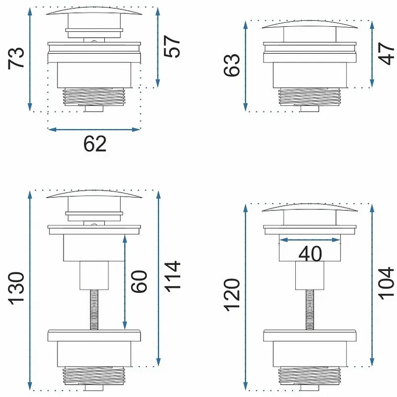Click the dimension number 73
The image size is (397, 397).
pos(16,58)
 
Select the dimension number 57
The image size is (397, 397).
pos(172,47)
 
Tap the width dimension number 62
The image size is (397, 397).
pos(95,144)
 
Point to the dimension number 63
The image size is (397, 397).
pos(231,65)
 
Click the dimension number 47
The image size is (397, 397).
pos(386,54)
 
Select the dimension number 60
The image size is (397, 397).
pos(139,281)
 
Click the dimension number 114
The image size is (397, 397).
pos(172,276)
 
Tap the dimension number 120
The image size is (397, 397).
pos(231,295)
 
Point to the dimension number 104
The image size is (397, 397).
pos(386,283)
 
